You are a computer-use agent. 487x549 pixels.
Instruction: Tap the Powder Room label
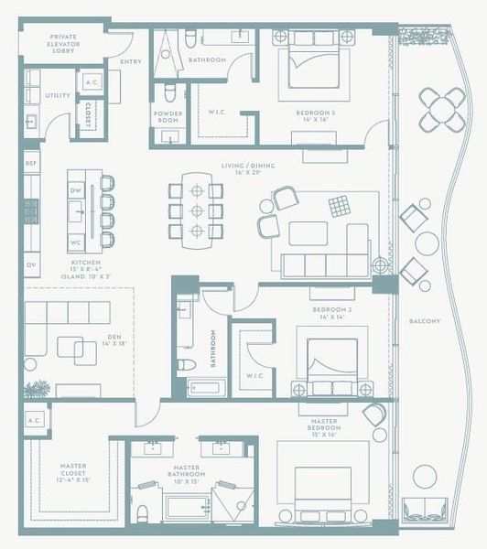168,117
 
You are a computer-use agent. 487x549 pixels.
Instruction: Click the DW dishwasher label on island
77,190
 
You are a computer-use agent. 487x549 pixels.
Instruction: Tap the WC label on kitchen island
77,242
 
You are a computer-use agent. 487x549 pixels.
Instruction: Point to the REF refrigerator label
30,163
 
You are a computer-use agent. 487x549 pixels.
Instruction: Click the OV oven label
30,265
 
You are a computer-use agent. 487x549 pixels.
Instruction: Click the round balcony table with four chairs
442,110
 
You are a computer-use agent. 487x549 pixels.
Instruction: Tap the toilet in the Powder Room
169,94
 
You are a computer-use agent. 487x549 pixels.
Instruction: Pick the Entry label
130,62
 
